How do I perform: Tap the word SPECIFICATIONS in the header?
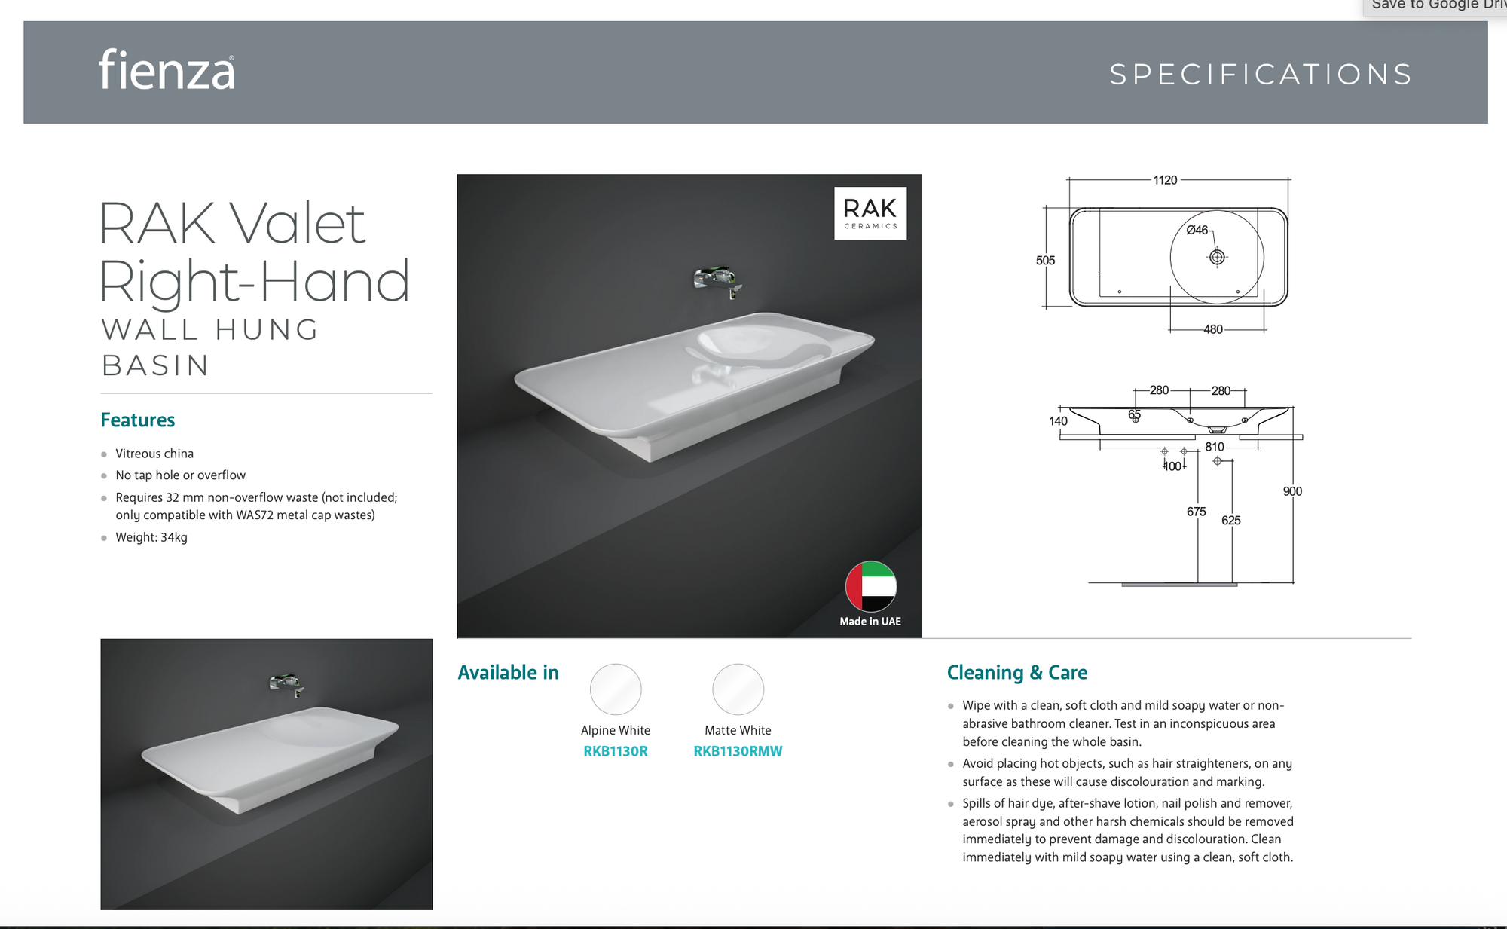(x=1261, y=75)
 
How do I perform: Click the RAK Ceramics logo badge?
(x=870, y=213)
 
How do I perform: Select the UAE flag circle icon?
(x=871, y=586)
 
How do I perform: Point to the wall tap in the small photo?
(x=287, y=684)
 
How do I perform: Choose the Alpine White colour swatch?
(x=616, y=689)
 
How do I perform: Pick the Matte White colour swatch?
(x=738, y=689)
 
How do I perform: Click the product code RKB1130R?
(x=616, y=751)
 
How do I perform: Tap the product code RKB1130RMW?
(x=738, y=751)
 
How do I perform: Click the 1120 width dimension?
(x=1165, y=180)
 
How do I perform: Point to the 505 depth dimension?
(x=1045, y=261)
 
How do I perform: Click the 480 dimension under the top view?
(x=1213, y=329)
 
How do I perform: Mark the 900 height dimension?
(x=1292, y=491)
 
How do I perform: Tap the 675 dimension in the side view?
(x=1197, y=512)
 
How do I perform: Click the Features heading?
(x=138, y=420)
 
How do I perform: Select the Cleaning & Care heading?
(x=1017, y=672)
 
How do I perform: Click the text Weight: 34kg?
(x=151, y=537)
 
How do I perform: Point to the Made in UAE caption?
(x=870, y=622)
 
